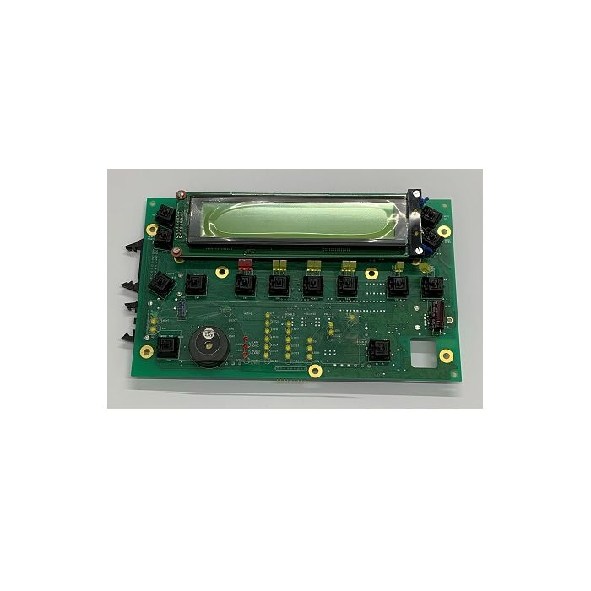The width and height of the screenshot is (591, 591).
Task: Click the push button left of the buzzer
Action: tap(165, 345)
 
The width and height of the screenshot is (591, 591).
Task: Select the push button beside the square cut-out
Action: tap(379, 350)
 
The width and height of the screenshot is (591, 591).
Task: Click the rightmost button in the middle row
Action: tap(432, 286)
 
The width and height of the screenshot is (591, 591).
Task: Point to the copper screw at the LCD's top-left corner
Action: tap(179, 193)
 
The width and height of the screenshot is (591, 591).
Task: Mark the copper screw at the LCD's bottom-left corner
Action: tap(176, 251)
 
